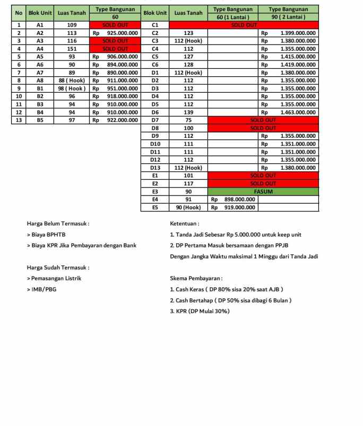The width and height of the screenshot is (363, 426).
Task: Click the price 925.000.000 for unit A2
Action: pos(122,33)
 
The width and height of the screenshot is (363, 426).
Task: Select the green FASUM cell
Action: pos(263,191)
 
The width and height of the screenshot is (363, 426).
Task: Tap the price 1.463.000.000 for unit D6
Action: pos(298,112)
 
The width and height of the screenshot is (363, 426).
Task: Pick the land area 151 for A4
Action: pos(72,49)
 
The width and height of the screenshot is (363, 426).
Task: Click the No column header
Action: pos(19,13)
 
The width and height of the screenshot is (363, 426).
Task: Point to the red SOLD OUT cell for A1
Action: pos(115,25)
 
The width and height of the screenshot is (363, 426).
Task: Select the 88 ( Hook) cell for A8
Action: pos(72,81)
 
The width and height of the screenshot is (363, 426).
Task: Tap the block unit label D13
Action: pos(155,168)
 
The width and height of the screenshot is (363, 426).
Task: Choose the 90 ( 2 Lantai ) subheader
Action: pos(288,17)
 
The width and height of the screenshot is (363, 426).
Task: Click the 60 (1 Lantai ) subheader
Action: pos(233,17)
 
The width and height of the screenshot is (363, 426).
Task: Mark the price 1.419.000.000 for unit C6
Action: pos(298,65)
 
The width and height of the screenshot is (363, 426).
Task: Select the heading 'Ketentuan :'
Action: pos(185,224)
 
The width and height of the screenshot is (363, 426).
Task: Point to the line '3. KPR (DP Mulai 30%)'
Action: pos(200,311)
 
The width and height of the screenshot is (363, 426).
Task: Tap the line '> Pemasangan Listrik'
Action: pos(54,278)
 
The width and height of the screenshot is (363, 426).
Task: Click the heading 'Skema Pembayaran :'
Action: pos(196,278)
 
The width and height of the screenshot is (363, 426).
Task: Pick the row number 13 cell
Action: pos(19,120)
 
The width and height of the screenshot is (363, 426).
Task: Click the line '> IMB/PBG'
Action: pos(42,289)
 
